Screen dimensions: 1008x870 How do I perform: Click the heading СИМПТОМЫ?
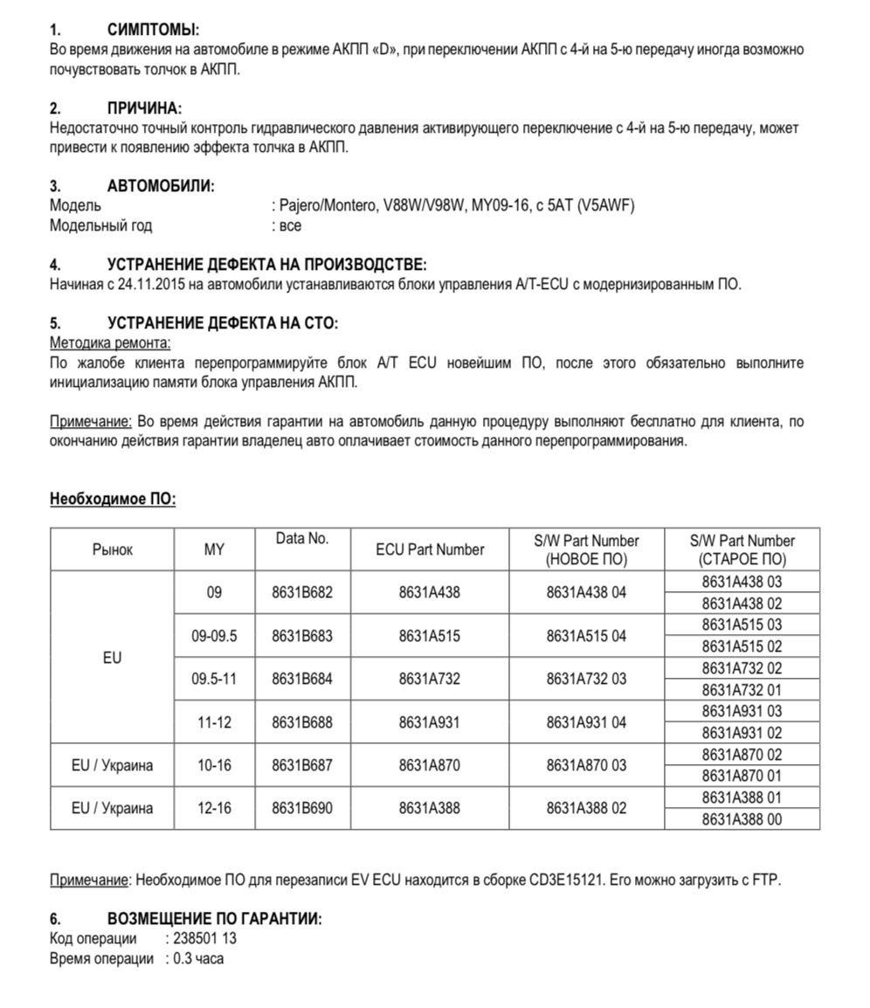point(153,31)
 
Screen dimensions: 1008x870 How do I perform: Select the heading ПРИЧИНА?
point(144,108)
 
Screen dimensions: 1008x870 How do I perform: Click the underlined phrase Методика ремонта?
point(110,342)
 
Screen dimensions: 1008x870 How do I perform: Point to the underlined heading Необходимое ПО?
point(113,500)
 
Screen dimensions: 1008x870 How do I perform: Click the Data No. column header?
point(302,539)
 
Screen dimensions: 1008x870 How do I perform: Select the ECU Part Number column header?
point(430,549)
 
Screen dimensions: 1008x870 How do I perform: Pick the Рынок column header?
point(113,549)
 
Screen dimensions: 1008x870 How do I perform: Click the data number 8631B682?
point(302,592)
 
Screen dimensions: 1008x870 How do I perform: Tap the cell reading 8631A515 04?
point(586,636)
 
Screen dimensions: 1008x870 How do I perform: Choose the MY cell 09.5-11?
point(214,679)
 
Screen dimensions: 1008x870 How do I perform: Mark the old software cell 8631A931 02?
point(742,733)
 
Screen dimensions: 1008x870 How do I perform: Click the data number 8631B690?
point(302,808)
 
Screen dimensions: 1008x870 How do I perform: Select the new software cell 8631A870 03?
point(586,765)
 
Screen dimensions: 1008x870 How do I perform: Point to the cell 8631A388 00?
point(742,819)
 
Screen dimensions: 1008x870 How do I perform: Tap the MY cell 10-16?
point(214,765)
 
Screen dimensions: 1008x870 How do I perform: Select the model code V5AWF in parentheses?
point(606,206)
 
